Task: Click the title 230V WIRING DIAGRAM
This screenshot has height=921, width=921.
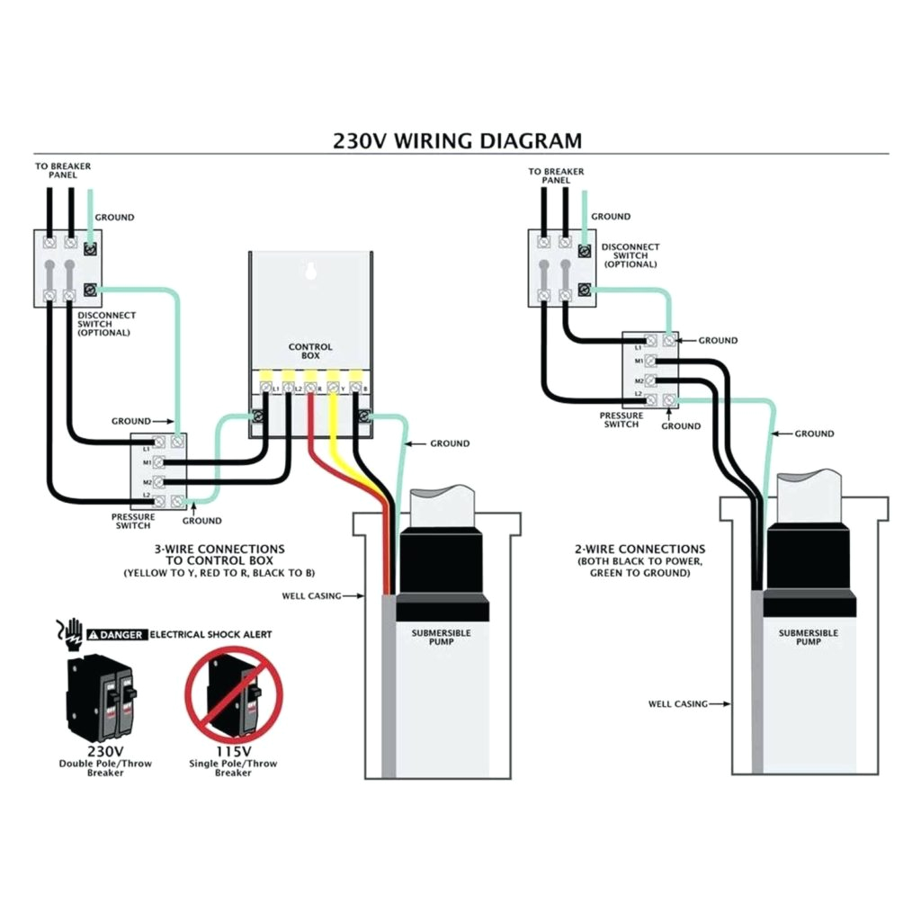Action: click(457, 141)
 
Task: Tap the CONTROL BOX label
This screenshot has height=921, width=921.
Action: click(310, 351)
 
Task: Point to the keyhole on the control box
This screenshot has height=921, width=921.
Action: click(310, 271)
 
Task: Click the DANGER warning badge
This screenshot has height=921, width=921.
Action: click(116, 634)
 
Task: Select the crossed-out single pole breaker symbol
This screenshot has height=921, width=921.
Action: click(233, 692)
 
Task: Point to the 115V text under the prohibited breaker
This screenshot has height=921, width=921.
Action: click(233, 750)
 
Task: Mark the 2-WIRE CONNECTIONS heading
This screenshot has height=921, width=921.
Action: click(639, 549)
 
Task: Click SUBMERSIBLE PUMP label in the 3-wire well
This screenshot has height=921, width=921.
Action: click(441, 637)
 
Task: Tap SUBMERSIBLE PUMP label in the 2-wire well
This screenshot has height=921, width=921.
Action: click(808, 637)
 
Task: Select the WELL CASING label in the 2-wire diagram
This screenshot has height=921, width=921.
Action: click(677, 703)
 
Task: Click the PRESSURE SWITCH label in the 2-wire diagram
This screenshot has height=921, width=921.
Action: click(621, 420)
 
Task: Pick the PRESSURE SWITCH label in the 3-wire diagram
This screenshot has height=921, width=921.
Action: click(133, 521)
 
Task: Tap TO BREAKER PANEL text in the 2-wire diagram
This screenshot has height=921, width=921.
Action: click(555, 175)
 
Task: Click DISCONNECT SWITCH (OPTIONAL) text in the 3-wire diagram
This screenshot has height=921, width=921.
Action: click(106, 324)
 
